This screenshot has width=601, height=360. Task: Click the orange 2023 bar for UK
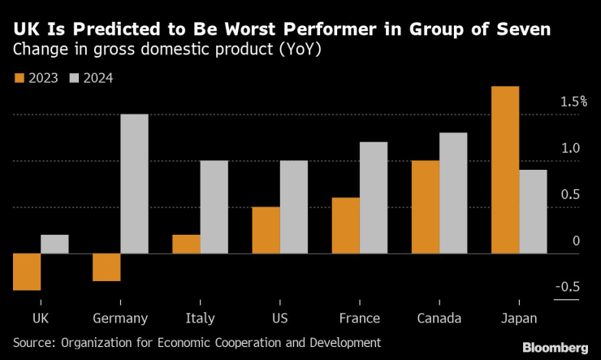27,271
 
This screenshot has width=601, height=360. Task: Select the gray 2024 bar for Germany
134,184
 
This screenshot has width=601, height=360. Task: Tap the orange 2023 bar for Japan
505,170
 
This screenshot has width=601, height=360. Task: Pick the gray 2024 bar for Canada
452,193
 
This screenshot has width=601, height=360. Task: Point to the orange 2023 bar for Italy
187,244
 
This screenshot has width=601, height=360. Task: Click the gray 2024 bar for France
373,197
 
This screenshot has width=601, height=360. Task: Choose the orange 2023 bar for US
266,230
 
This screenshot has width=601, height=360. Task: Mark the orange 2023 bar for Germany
106,267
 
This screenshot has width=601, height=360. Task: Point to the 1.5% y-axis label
573,102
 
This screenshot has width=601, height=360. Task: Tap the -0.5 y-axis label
568,287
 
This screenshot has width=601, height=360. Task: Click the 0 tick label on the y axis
576,241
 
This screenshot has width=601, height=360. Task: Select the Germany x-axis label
120,318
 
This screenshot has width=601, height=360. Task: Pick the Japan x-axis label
519,318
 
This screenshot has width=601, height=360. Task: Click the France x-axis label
359,318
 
